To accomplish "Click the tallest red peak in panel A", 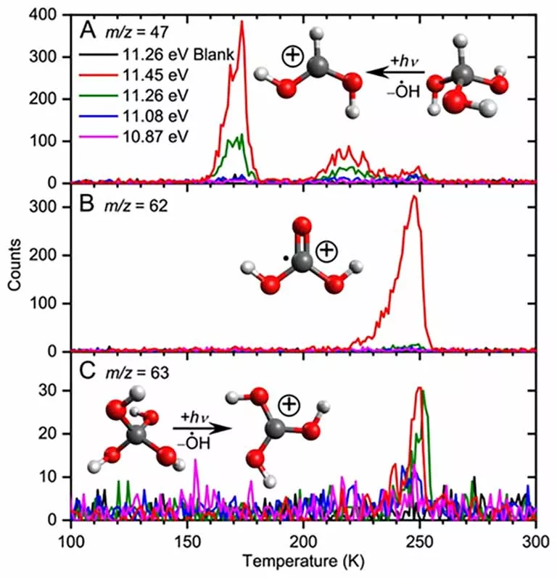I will click(242, 22).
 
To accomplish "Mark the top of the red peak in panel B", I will click(414, 196).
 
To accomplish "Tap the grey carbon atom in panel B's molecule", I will click(302, 261).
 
